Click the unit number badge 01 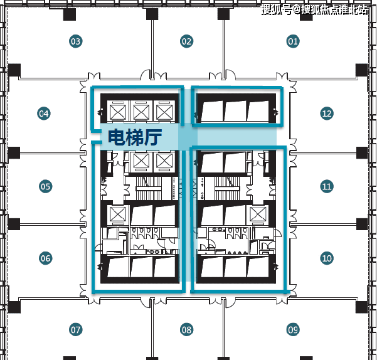[293, 42]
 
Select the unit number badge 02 [186, 42]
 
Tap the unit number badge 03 [76, 42]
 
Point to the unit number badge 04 [43, 114]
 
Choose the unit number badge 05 [45, 186]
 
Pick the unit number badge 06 [45, 258]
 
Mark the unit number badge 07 [76, 329]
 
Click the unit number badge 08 [186, 329]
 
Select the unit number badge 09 [293, 329]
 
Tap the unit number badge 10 [326, 258]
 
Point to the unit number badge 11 [326, 186]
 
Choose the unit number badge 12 [326, 114]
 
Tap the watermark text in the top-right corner [316, 9]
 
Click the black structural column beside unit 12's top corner [361, 69]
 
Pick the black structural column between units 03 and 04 [14, 69]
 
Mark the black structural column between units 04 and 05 [14, 151]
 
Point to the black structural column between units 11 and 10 [362, 223]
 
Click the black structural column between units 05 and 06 [14, 223]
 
